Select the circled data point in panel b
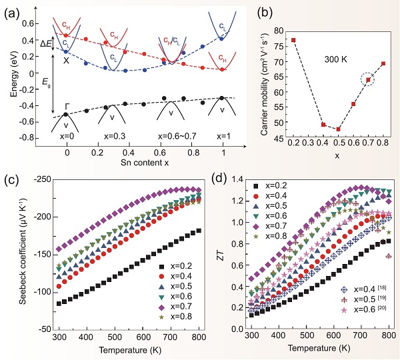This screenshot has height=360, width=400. pos(368,80)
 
